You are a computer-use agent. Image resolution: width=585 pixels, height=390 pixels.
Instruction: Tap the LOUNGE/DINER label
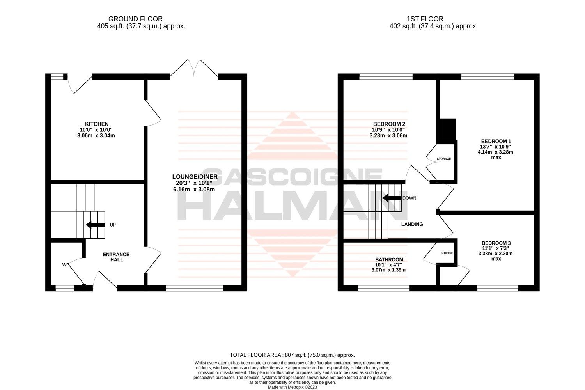pos(196,177)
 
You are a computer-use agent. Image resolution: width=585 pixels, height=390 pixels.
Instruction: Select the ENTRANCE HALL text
pos(116,257)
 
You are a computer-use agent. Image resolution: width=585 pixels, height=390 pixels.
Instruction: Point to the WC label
pos(66,265)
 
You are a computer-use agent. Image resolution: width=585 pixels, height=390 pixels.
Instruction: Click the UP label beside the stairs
pos(113,225)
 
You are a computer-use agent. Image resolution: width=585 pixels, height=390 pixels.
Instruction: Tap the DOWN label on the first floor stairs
pos(409,198)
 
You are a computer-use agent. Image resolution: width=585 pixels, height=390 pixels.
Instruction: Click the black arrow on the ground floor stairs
pos(95,225)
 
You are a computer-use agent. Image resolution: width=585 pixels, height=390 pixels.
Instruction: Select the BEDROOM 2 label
pos(388,124)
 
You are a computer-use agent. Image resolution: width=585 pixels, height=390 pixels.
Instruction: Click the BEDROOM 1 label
pos(496,141)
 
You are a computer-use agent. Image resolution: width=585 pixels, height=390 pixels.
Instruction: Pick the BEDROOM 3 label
pos(496,243)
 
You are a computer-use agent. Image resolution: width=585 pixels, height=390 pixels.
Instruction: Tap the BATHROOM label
pos(389,260)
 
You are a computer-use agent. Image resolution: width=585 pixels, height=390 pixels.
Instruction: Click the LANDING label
pos(412,224)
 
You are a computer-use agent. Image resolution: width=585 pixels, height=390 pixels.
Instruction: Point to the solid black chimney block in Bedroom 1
pos(447,129)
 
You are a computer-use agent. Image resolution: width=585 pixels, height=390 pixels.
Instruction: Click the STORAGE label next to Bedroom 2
pos(444,159)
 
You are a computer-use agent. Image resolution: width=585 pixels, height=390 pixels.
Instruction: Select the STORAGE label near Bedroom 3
pos(447,253)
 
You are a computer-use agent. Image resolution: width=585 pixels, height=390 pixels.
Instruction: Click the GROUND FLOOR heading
pos(135,19)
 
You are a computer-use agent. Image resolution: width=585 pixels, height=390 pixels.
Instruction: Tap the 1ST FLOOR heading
pos(425,19)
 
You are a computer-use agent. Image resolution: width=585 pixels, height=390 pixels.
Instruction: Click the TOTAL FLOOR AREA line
pos(292,355)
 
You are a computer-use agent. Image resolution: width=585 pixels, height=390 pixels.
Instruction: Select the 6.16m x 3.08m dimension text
pos(194,190)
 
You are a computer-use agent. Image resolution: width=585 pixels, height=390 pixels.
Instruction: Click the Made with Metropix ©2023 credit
pos(292,387)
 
